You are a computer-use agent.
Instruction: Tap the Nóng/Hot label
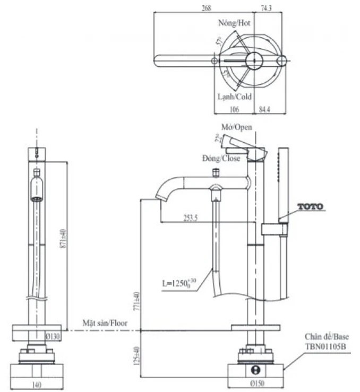click(234, 23)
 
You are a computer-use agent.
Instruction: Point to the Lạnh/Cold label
click(235, 97)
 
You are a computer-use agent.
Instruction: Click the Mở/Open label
click(237, 127)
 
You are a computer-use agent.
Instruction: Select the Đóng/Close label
click(221, 159)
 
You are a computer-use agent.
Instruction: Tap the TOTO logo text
click(310, 206)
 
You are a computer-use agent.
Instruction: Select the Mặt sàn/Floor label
click(102, 323)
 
